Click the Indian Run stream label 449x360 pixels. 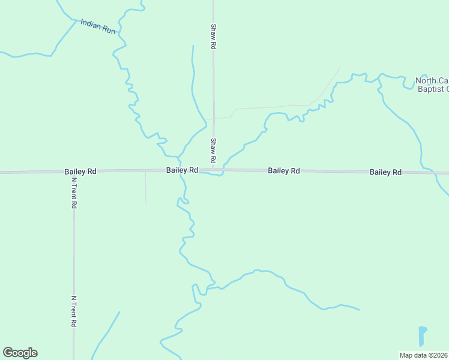[x=98, y=27]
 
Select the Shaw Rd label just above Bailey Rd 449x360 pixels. [x=213, y=151]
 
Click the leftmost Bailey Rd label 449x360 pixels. [x=80, y=172]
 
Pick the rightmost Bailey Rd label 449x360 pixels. [x=385, y=172]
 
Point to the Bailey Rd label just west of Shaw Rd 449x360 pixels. [x=182, y=170]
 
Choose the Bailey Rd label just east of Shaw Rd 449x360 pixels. [x=284, y=171]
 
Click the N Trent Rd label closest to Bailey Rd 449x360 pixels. [x=74, y=193]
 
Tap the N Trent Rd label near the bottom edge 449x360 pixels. [x=74, y=311]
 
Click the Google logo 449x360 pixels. [x=20, y=353]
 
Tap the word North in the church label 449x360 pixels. [x=426, y=81]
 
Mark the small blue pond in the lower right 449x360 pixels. [x=422, y=335]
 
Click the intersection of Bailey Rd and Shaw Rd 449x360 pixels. [x=214, y=170]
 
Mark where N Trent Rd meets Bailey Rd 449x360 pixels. [x=74, y=172]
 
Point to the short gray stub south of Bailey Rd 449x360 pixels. [x=145, y=187]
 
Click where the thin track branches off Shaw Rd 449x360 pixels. [x=214, y=118]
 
